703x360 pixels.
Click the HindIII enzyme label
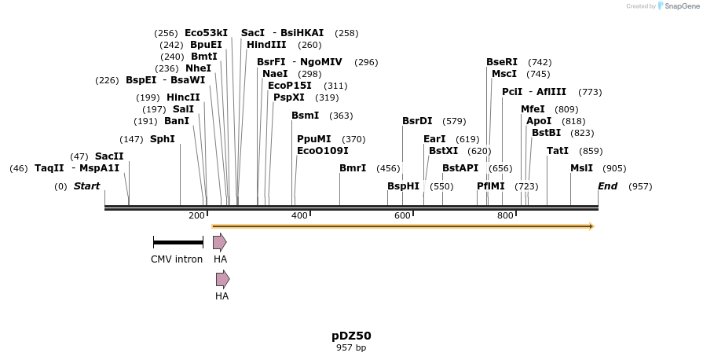point(267,45)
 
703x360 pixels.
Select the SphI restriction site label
point(162,139)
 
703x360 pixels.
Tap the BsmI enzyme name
point(305,116)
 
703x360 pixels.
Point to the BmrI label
point(352,168)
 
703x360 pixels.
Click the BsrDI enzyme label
point(417,121)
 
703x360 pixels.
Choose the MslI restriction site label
point(581,168)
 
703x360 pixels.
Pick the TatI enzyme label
point(557,151)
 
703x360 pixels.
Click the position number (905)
point(614,168)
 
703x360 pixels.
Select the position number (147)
point(131,139)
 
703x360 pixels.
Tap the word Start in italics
point(86,186)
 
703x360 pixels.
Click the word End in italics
point(607,186)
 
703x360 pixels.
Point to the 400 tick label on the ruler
point(299,215)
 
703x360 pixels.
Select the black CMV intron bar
point(178,242)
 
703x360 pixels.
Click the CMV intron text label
point(177,259)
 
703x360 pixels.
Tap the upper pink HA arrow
point(220,242)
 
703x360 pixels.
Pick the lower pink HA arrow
point(222,279)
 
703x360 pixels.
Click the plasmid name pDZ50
point(351,336)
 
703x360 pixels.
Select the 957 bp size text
point(351,347)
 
